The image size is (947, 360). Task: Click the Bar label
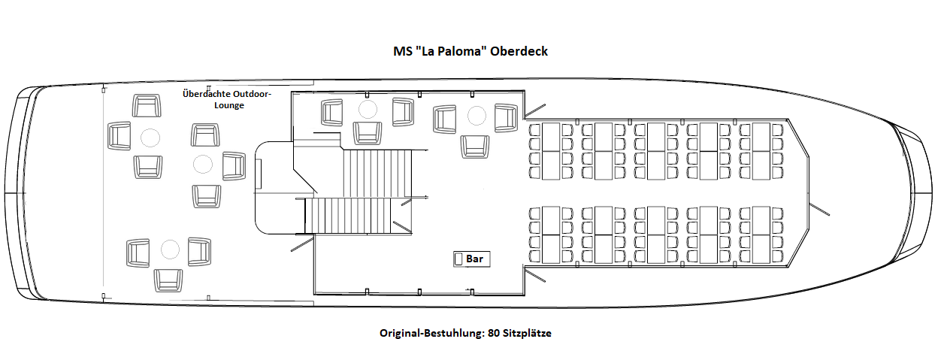474,259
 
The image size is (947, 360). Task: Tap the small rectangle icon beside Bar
458,259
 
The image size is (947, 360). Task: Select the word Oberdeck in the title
519,51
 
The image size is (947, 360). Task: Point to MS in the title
403,51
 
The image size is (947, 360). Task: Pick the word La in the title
427,51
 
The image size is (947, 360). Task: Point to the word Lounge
227,105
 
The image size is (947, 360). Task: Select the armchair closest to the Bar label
474,145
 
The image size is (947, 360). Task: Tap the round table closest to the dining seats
477,115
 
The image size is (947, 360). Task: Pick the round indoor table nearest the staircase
367,110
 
